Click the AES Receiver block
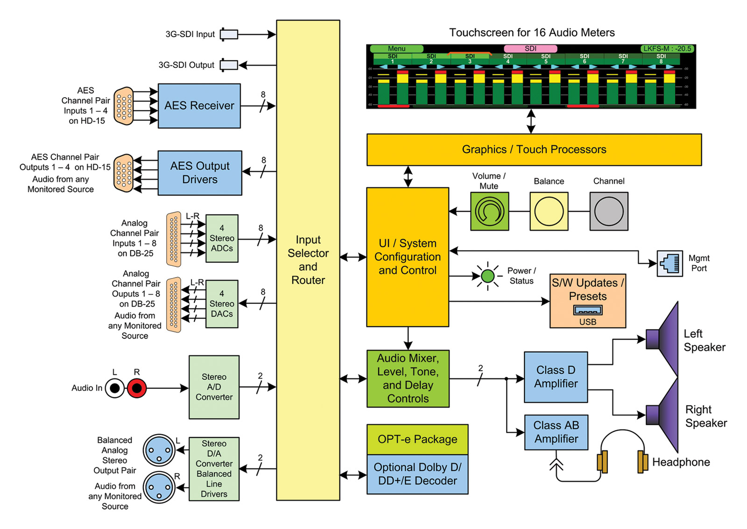(x=199, y=106)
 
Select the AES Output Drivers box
(x=200, y=173)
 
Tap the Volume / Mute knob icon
(x=489, y=211)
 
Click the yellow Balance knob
(x=549, y=211)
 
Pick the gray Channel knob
(x=609, y=211)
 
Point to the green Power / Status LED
(x=488, y=276)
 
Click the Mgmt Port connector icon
(x=670, y=264)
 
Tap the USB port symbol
(x=588, y=310)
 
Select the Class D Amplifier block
(x=556, y=377)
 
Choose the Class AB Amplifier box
(x=556, y=432)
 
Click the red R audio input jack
(x=137, y=388)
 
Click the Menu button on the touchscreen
(x=396, y=49)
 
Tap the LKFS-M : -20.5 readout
(x=667, y=49)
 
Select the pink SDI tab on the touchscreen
(x=530, y=49)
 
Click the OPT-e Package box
(x=417, y=440)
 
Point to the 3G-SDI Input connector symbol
(x=229, y=35)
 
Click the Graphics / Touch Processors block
(x=534, y=150)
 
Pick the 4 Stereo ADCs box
(x=222, y=238)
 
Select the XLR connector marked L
(x=159, y=450)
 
